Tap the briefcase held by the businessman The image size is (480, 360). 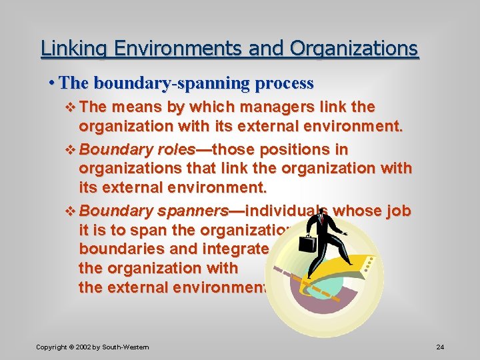[307, 242]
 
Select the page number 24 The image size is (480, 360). [440, 347]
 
